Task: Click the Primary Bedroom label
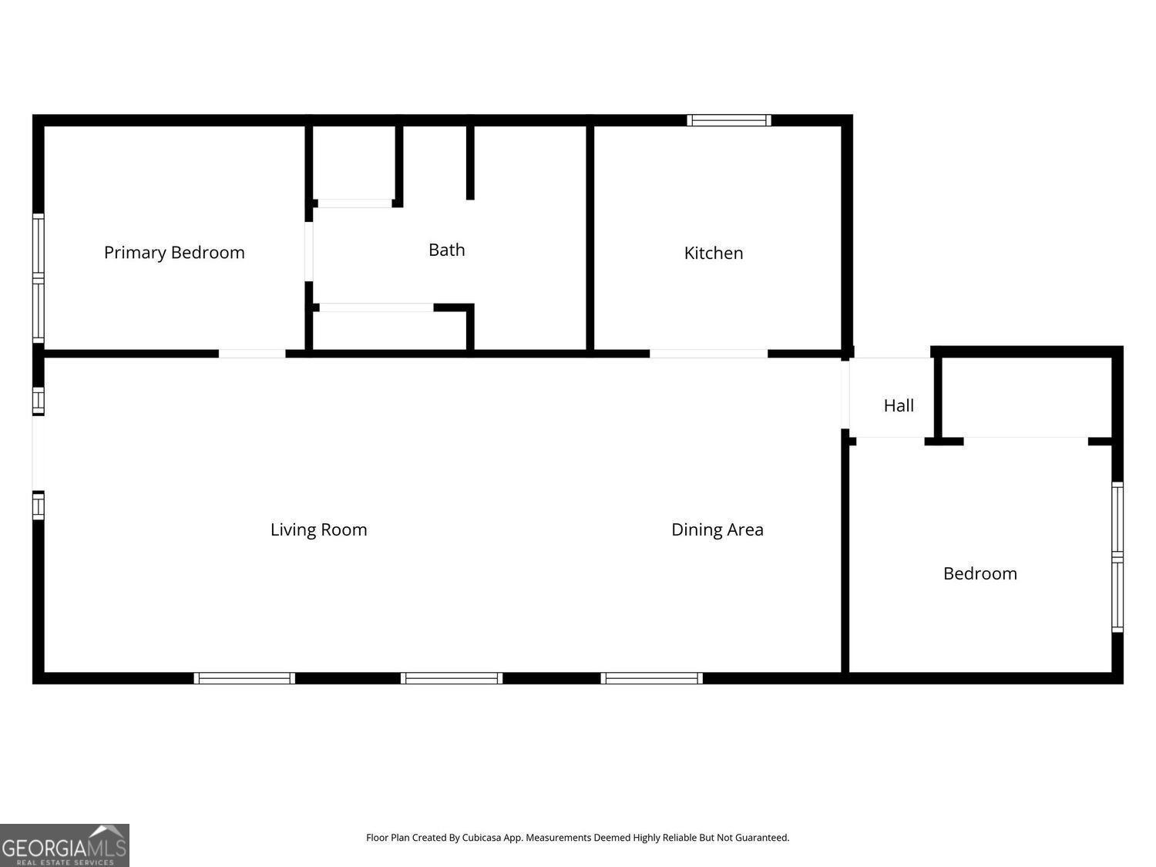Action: (174, 253)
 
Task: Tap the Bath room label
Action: (446, 250)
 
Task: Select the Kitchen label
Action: (714, 254)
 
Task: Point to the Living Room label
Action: (318, 529)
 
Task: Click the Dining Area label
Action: (717, 529)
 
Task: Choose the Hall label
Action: (899, 405)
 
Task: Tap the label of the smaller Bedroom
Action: (980, 573)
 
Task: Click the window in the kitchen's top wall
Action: (729, 120)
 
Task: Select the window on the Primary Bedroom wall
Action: (39, 278)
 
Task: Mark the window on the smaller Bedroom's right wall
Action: (1117, 557)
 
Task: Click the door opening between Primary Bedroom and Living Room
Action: (252, 354)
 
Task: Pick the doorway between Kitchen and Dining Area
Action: (708, 354)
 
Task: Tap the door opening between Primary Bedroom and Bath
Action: (308, 252)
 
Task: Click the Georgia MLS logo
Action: (64, 845)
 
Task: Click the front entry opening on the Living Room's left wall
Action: (39, 453)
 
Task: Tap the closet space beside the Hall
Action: (1027, 398)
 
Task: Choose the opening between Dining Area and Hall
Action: (845, 395)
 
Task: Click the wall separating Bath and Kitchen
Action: (590, 238)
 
